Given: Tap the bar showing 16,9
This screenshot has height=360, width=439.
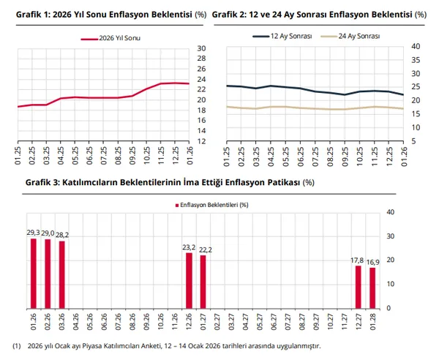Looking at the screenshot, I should click(x=372, y=288).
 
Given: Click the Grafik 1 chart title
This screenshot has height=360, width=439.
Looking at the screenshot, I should click(x=96, y=14).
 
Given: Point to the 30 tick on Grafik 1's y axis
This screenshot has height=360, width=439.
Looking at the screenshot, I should click(x=202, y=49).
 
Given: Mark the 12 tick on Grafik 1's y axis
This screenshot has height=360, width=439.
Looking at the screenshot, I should click(x=202, y=140).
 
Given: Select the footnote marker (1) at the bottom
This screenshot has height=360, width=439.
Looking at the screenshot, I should click(x=16, y=346).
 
